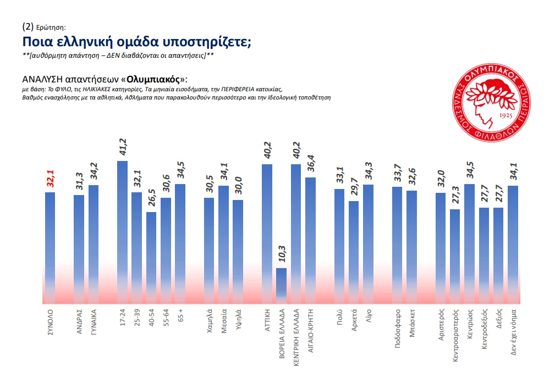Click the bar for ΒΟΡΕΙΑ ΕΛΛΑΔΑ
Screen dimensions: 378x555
coord(281,285)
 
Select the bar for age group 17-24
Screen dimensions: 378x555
coord(123,231)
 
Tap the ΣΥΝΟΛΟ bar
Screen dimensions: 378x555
coord(50,247)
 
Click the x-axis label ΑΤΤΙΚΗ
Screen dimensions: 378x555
coord(267,318)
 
